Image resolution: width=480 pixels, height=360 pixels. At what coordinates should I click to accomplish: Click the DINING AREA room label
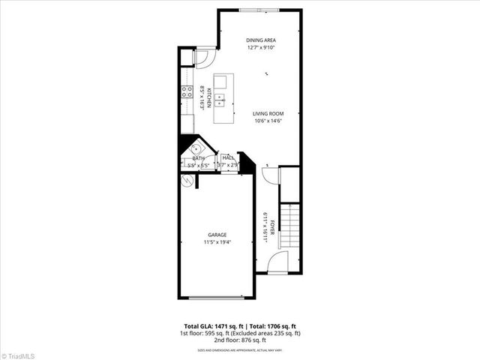pyautogui.click(x=262, y=40)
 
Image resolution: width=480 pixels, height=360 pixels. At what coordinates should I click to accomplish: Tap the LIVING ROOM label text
pyautogui.click(x=267, y=114)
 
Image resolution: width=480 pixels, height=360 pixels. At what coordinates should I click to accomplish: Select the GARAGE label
pyautogui.click(x=217, y=235)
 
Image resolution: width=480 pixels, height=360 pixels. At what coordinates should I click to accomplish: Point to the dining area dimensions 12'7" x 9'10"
pyautogui.click(x=262, y=48)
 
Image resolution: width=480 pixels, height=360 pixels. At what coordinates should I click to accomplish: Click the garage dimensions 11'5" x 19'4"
pyautogui.click(x=217, y=242)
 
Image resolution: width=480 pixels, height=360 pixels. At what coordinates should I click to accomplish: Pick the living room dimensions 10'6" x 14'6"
pyautogui.click(x=267, y=121)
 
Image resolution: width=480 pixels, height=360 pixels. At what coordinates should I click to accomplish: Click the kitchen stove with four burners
pyautogui.click(x=186, y=93)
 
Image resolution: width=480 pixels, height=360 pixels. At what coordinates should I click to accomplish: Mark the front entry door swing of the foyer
pyautogui.click(x=277, y=261)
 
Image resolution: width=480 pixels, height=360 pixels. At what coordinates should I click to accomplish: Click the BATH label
pyautogui.click(x=198, y=158)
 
